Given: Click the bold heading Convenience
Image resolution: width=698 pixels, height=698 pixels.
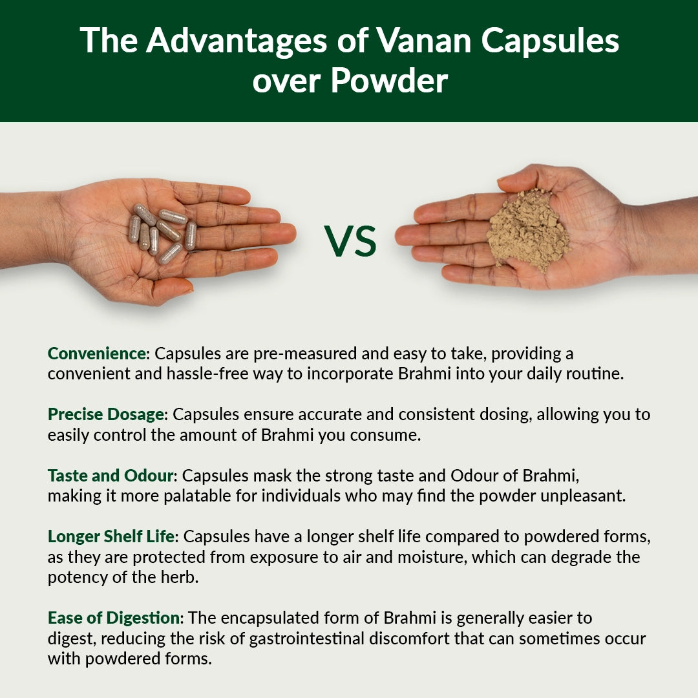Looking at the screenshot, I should point(98,354).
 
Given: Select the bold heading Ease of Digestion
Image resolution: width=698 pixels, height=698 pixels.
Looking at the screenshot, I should point(113,618).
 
